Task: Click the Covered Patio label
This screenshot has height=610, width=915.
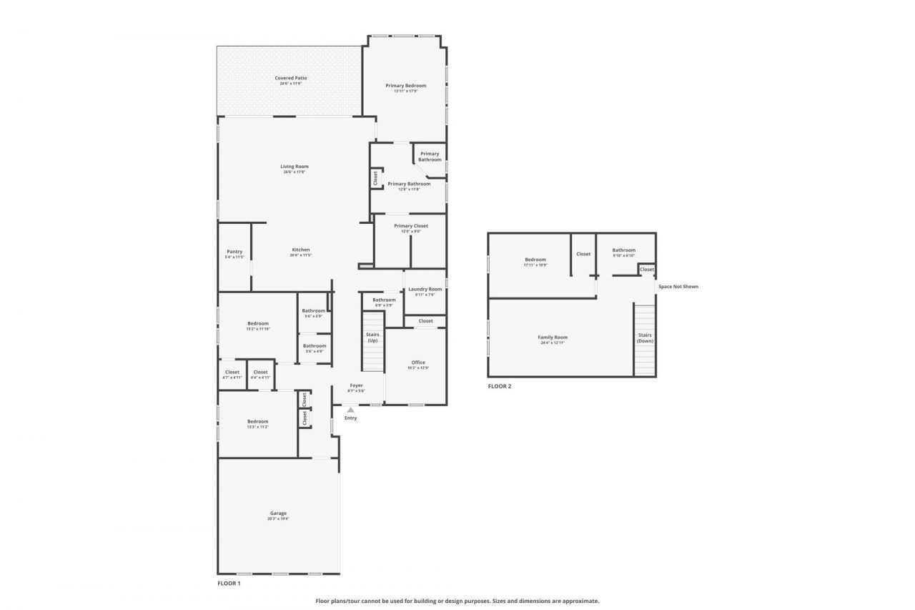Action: pos(290,78)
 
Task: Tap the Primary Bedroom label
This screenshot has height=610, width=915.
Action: pos(405,86)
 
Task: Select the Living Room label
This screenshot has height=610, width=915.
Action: pos(295,167)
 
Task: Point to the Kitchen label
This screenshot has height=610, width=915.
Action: pos(300,250)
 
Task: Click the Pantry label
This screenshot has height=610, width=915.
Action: pos(234,252)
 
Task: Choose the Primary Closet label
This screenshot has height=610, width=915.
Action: pos(410,226)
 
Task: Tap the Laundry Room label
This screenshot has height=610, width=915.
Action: pos(425,290)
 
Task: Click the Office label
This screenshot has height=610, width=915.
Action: pos(418,363)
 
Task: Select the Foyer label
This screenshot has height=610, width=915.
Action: pos(356,385)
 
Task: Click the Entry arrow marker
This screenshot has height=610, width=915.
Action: pos(350,410)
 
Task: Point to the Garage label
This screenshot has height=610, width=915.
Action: pos(278,513)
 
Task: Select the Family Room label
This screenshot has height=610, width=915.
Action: pos(553,338)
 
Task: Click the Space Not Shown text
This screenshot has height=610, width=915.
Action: pos(678,287)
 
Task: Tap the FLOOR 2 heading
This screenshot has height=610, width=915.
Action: pos(500,386)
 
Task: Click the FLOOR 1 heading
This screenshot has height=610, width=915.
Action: pos(229,584)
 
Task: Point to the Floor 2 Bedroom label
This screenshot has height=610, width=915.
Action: pos(535,260)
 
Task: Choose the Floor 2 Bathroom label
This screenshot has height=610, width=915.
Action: pos(623,250)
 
